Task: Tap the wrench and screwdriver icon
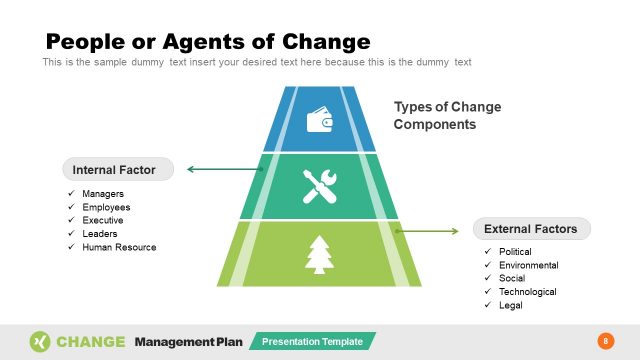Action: coord(320,185)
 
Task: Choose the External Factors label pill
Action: coord(531,229)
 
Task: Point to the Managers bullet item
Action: coord(103,194)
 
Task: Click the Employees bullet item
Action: coord(106,207)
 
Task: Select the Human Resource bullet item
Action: coord(119,246)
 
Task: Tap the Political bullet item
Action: coord(515,252)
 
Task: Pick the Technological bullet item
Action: coord(527,292)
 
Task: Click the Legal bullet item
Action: coord(510,305)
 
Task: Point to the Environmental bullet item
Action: coord(528,265)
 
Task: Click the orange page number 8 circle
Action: coord(604,341)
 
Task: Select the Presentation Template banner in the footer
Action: coord(312,342)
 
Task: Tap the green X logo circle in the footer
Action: coord(39,341)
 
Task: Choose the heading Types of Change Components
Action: coord(447,116)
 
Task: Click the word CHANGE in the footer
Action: coord(91,342)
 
